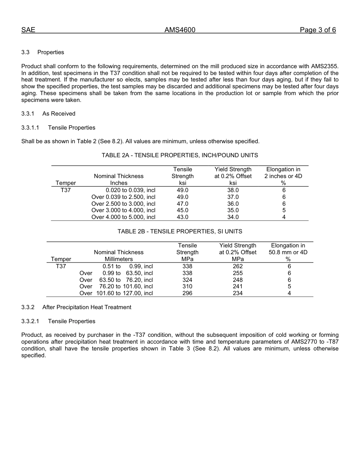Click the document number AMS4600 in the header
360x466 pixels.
(180, 30)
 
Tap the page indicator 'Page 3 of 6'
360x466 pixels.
(318, 30)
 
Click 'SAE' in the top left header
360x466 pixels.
(28, 30)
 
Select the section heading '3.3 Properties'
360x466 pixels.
(42, 52)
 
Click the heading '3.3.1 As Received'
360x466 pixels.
(48, 114)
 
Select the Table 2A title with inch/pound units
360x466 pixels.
(180, 155)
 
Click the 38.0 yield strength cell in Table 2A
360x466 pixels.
(233, 190)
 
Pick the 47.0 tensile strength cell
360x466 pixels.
(182, 204)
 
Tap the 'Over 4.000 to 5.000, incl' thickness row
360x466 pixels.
(123, 217)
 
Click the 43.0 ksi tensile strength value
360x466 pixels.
(182, 217)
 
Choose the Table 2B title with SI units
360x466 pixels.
(180, 231)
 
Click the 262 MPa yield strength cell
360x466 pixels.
(238, 266)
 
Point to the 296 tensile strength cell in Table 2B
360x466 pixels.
(187, 293)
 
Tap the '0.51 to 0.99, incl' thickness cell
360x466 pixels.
(127, 266)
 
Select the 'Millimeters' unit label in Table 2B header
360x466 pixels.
(119, 259)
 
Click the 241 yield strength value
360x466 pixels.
(238, 286)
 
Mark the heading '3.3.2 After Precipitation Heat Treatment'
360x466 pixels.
(76, 307)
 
